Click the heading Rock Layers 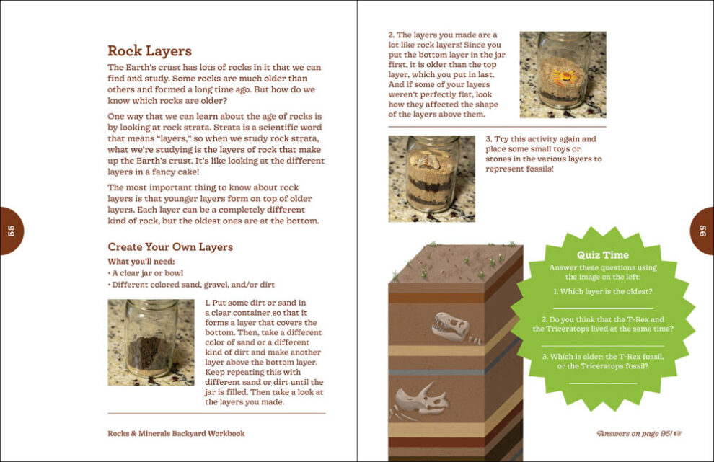click(x=149, y=50)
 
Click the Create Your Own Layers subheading click(x=170, y=246)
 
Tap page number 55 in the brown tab click(x=11, y=231)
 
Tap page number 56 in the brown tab click(x=703, y=231)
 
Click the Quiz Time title click(x=602, y=254)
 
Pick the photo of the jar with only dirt click(x=151, y=342)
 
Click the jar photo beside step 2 click(x=563, y=74)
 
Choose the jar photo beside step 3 click(x=431, y=179)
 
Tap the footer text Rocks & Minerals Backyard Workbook click(x=176, y=433)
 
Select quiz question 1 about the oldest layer click(x=602, y=291)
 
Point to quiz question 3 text click(x=602, y=361)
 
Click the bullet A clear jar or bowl click(x=146, y=273)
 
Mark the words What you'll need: click(x=141, y=261)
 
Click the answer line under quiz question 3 click(x=602, y=383)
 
